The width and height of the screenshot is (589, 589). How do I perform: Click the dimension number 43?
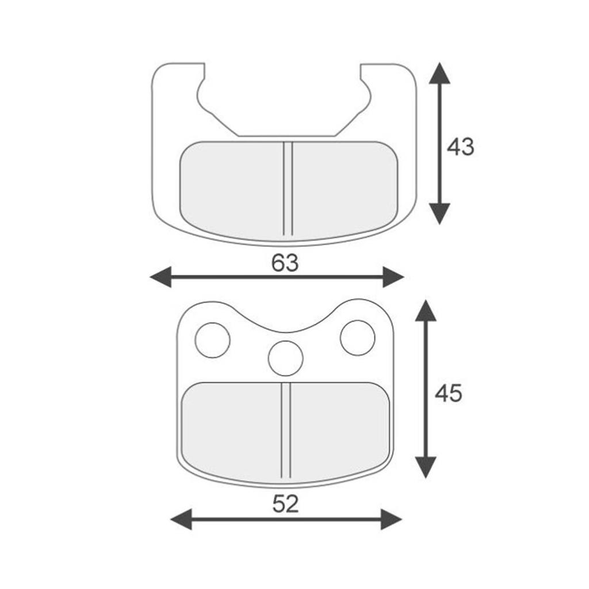point(461,147)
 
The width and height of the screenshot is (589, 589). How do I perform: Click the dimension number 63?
point(285,262)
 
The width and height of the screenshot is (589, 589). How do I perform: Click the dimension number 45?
point(449,394)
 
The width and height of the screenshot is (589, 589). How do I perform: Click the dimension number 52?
point(285,504)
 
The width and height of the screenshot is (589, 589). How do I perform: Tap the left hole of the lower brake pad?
point(213,340)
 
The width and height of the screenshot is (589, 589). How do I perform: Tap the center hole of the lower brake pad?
point(285,358)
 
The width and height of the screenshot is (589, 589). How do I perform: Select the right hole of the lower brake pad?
point(357,338)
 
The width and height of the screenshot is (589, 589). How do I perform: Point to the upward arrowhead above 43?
point(439,73)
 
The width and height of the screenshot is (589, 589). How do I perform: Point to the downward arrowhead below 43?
point(439,214)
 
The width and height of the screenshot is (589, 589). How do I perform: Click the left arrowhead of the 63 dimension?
point(161,277)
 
